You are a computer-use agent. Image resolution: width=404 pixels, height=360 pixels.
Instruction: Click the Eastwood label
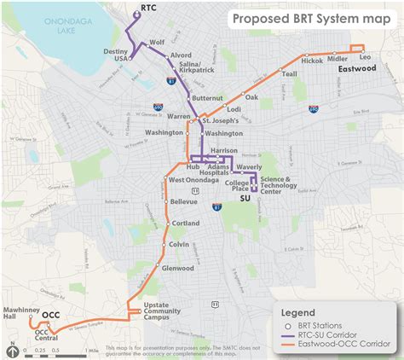click(356, 67)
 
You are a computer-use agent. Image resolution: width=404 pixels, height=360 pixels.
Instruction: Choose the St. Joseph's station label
click(219, 121)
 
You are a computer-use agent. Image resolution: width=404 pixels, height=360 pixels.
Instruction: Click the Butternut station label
click(208, 99)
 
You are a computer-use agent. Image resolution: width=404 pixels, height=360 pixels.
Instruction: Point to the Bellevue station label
click(183, 201)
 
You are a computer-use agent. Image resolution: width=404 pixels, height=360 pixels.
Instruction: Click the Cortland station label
click(185, 223)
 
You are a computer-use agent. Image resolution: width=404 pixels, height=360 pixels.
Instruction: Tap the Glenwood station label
click(177, 268)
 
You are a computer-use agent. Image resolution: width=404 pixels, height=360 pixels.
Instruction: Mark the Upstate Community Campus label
click(162, 311)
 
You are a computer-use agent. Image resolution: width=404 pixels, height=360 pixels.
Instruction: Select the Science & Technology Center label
click(282, 185)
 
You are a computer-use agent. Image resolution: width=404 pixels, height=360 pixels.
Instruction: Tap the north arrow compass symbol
click(14, 348)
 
